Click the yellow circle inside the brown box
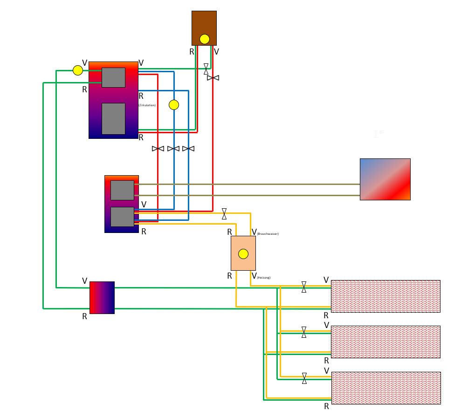pos(205,39)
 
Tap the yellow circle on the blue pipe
pos(174,105)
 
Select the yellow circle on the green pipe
pos(78,70)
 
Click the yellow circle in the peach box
pos(243,254)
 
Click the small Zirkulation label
pos(147,105)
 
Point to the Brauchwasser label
pos(268,233)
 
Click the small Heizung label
pos(264,278)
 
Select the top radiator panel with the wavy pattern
pos(385,296)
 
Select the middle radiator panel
pos(385,342)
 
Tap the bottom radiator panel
pos(385,388)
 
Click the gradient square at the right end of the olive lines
pos(385,179)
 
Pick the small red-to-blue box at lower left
pos(102,297)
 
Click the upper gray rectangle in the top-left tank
pos(113,77)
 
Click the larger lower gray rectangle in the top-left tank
pos(113,119)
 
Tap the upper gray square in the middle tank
pos(122,190)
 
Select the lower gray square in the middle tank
pos(122,217)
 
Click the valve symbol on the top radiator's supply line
pos(304,287)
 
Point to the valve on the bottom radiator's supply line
pos(304,378)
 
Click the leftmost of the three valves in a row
pos(158,149)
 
